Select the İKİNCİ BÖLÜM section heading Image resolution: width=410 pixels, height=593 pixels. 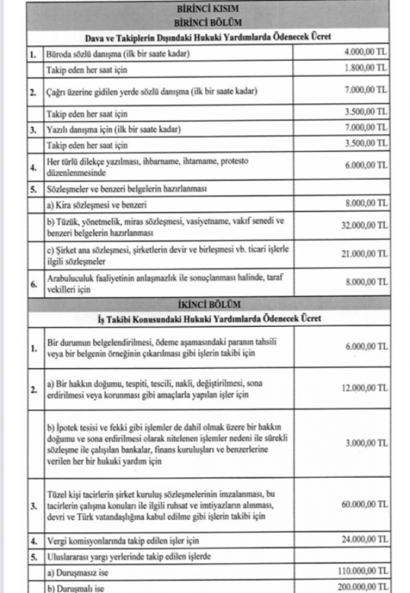coord(208,303)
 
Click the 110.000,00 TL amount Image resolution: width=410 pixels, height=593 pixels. coord(362,570)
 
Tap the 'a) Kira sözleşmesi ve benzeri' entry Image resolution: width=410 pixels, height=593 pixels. coord(91,206)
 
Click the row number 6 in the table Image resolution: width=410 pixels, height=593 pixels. coord(33,283)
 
